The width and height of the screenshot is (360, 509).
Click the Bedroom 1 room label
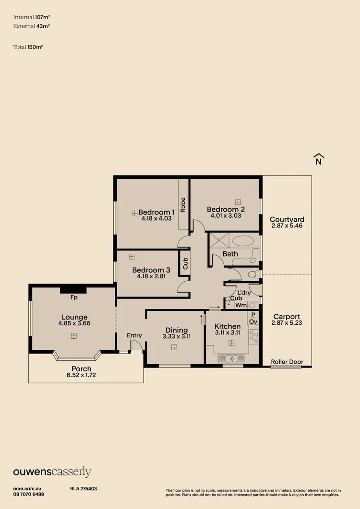156,212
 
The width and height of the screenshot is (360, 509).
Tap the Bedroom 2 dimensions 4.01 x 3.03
226,216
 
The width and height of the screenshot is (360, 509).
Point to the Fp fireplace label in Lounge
74,297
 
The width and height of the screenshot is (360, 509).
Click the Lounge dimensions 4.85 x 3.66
74,323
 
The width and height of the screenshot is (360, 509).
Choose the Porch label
82,369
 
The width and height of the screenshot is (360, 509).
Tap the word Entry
135,335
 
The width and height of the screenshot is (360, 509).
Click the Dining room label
176,330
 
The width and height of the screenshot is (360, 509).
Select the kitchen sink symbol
232,358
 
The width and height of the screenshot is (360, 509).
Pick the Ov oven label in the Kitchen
253,322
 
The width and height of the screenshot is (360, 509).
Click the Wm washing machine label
240,305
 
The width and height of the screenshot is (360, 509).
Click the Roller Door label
287,361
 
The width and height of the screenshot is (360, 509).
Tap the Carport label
287,317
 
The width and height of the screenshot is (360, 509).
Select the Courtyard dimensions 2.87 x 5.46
287,225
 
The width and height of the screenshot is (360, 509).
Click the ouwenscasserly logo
52,472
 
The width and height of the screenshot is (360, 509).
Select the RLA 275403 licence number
84,488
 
